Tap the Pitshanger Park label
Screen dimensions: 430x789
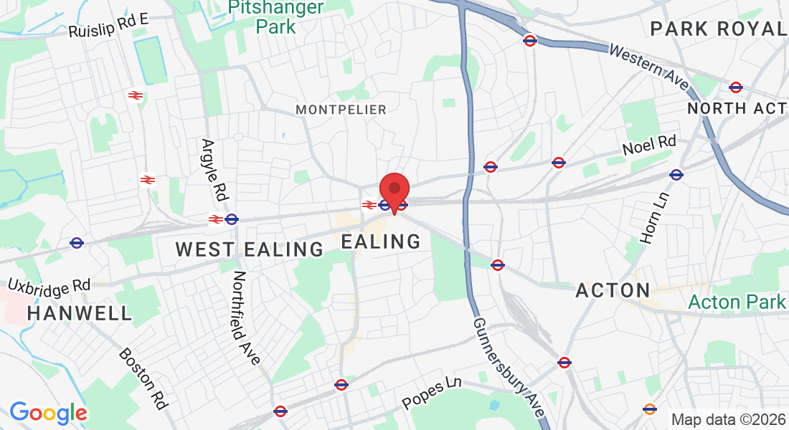[275, 17]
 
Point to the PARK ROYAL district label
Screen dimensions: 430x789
[717, 29]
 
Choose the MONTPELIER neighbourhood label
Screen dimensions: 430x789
[341, 110]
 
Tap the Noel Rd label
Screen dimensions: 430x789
[649, 146]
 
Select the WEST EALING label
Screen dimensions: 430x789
[250, 249]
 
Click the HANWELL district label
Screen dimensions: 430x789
[80, 313]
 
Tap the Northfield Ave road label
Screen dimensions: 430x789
[246, 317]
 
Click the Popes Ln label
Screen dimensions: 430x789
[432, 393]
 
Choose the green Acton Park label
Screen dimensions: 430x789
[737, 302]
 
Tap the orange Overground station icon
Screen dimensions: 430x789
[650, 409]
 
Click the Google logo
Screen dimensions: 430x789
[48, 413]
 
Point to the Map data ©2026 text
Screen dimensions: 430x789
[727, 419]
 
